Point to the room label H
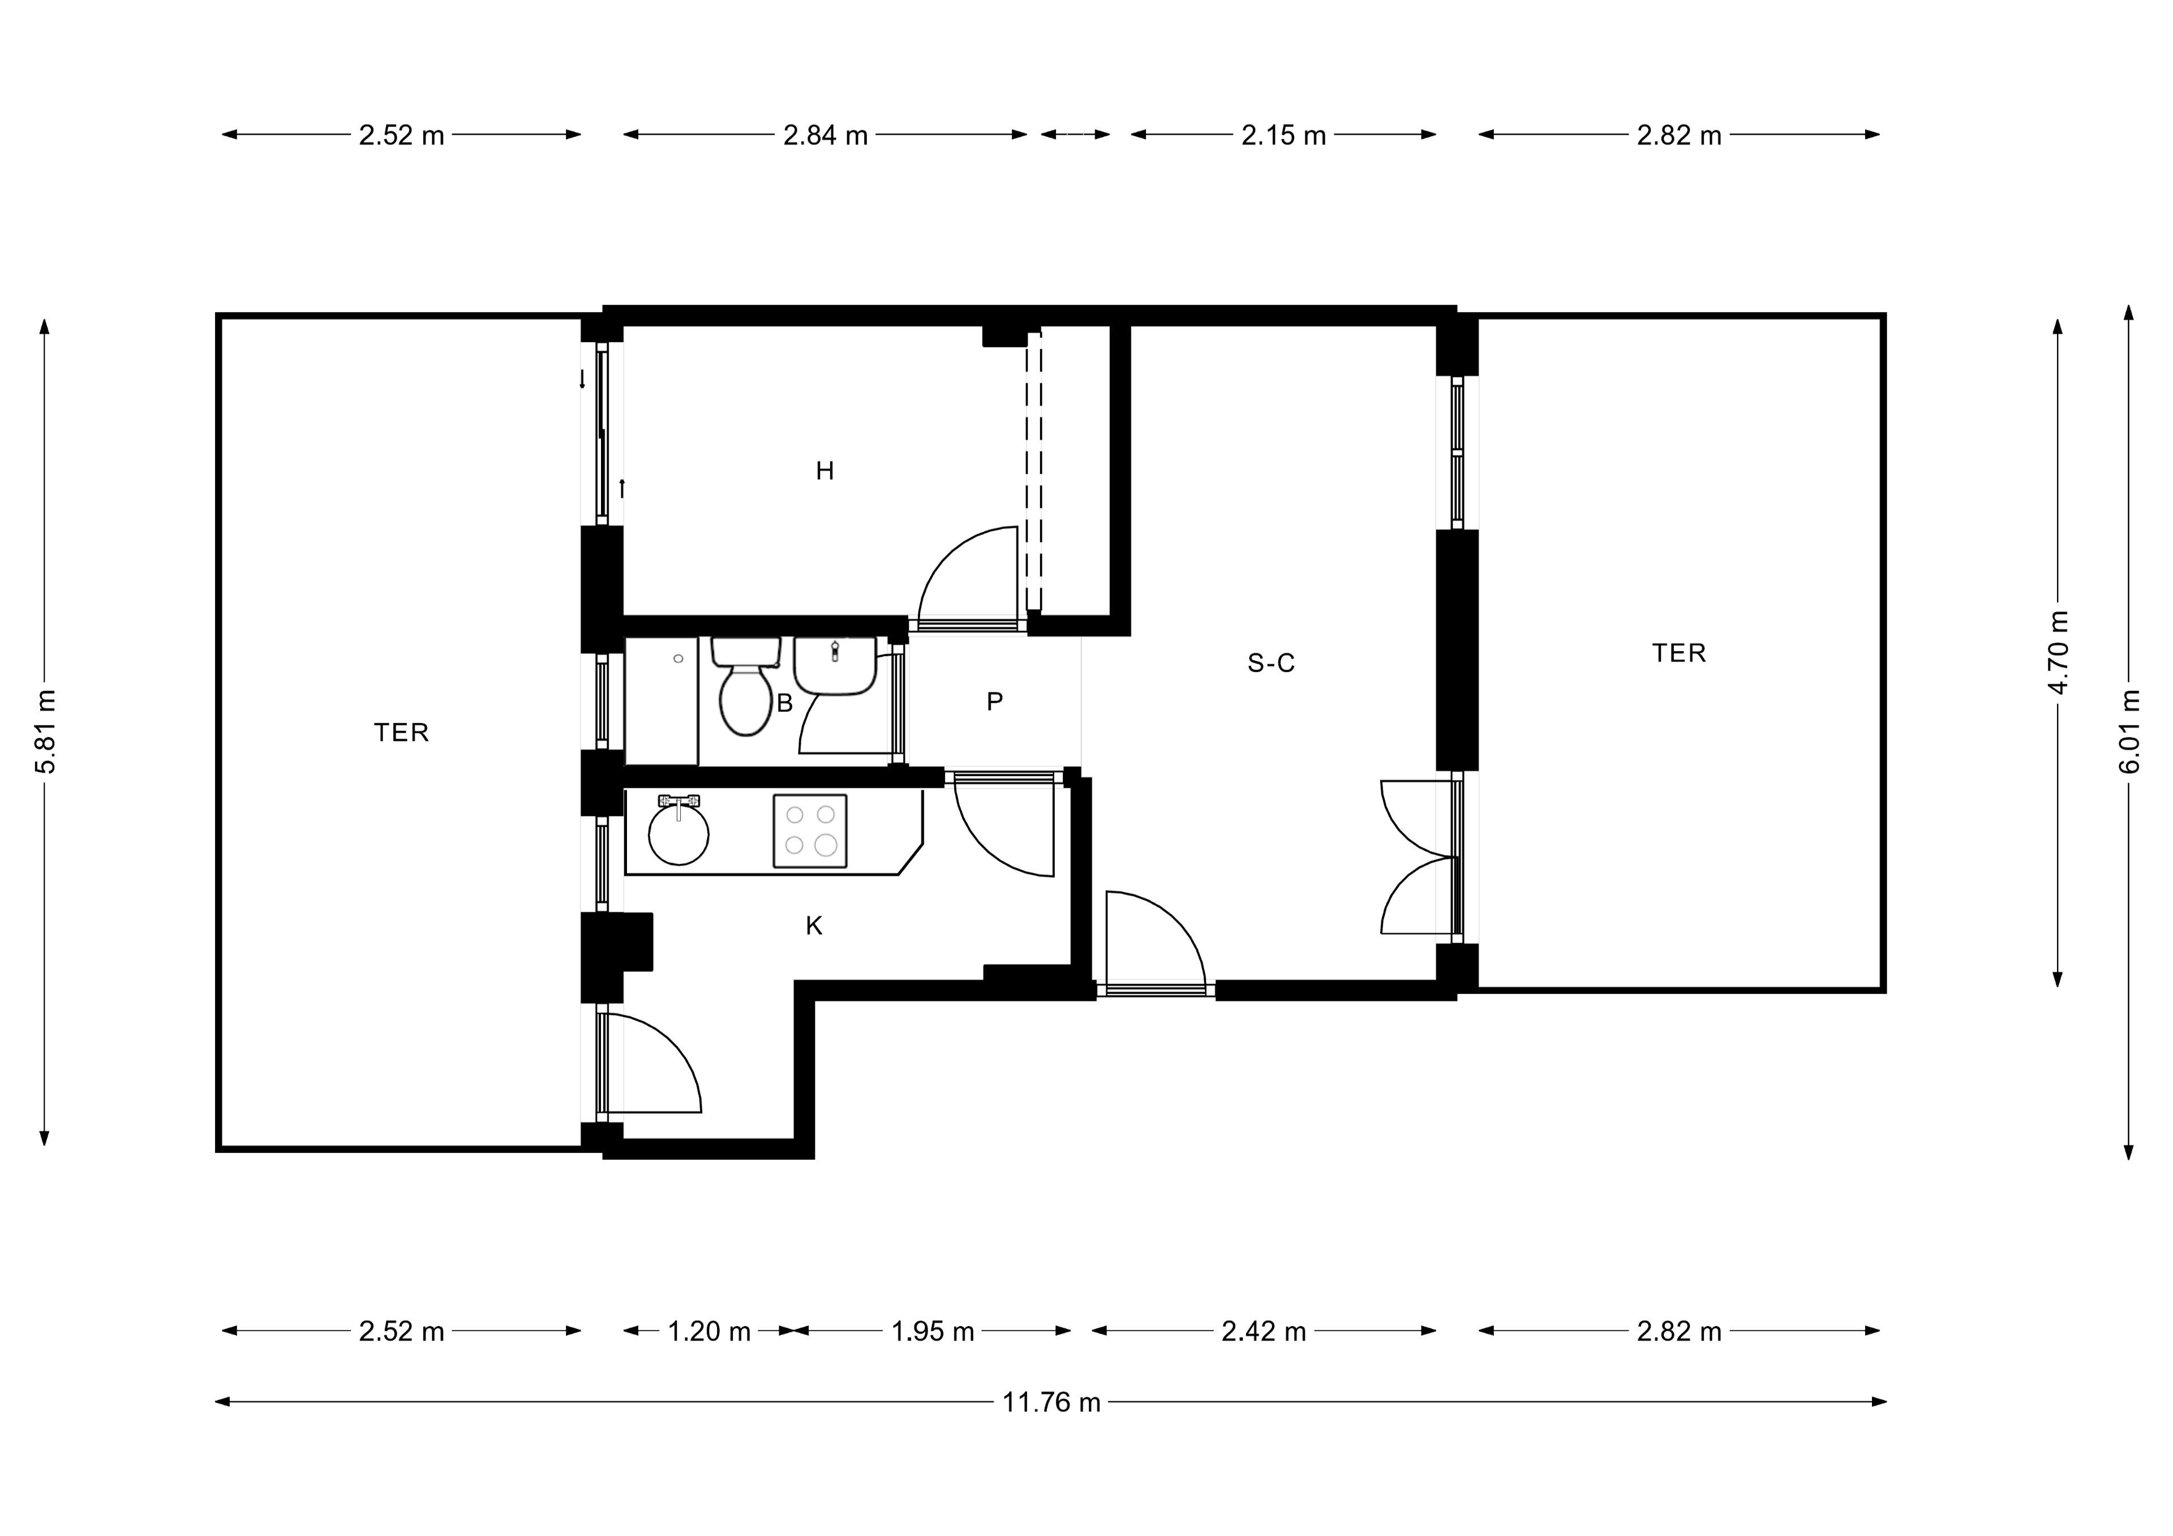point(824,470)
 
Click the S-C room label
point(1270,664)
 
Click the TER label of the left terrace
point(401,733)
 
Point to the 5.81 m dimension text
point(45,732)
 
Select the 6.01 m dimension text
point(2129,732)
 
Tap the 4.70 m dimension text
point(2059,653)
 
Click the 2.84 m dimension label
point(825,135)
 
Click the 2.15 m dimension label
point(1283,135)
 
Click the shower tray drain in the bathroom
point(678,659)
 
